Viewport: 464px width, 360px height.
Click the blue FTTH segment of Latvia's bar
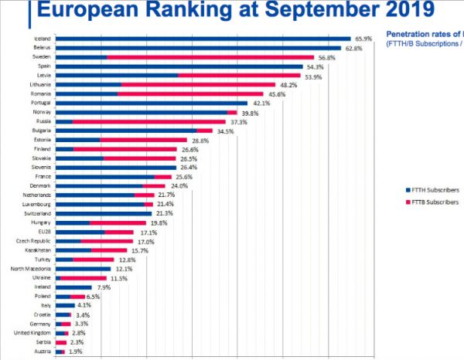(x=117, y=76)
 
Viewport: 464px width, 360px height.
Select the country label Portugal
(x=41, y=104)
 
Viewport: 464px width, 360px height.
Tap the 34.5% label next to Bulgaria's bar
(x=225, y=131)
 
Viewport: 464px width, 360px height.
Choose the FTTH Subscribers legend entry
(x=433, y=189)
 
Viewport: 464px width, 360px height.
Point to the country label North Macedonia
(x=32, y=268)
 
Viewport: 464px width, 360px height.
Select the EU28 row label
(x=45, y=231)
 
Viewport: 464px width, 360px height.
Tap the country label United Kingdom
(x=33, y=332)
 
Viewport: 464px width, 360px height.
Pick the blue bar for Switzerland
(x=104, y=213)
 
